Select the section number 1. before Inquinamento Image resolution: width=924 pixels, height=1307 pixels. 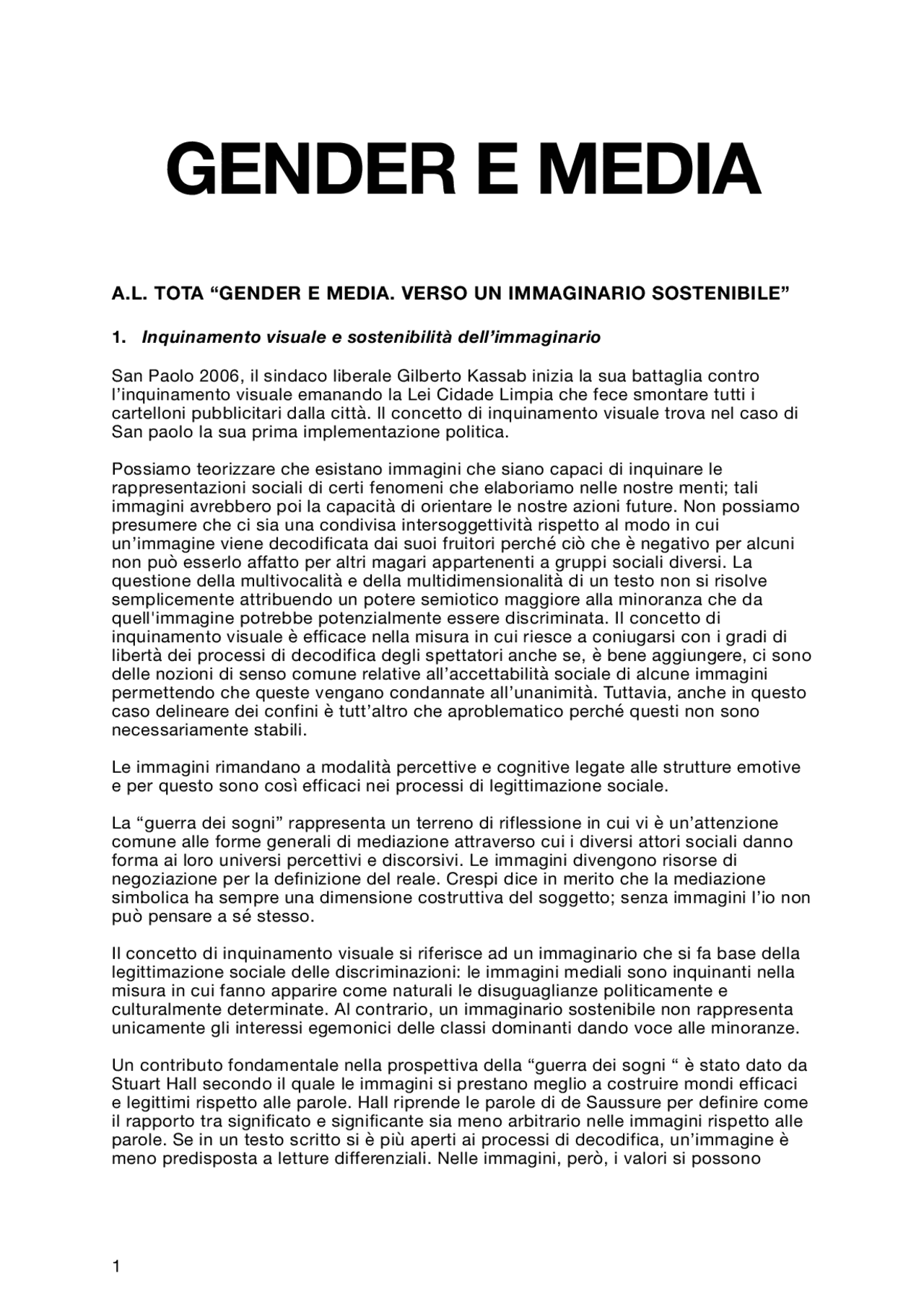118,337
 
